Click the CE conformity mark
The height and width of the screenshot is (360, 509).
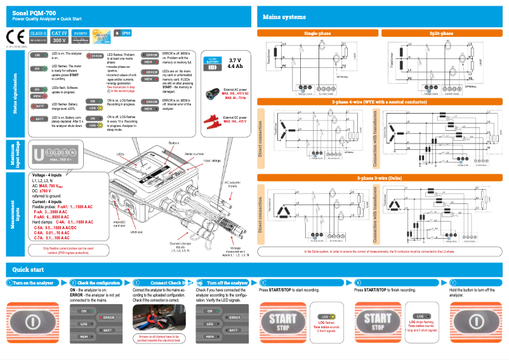click(x=16, y=36)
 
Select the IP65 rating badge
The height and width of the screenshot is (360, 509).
click(x=123, y=32)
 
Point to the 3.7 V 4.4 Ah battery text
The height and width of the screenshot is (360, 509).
click(x=235, y=62)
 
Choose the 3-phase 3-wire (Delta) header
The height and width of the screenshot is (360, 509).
click(x=381, y=178)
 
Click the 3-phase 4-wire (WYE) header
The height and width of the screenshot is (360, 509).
click(x=381, y=102)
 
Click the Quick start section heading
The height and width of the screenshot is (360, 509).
click(x=29, y=269)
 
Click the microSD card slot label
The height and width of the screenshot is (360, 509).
click(x=139, y=223)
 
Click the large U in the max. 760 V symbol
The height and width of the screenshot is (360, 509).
click(x=39, y=154)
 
